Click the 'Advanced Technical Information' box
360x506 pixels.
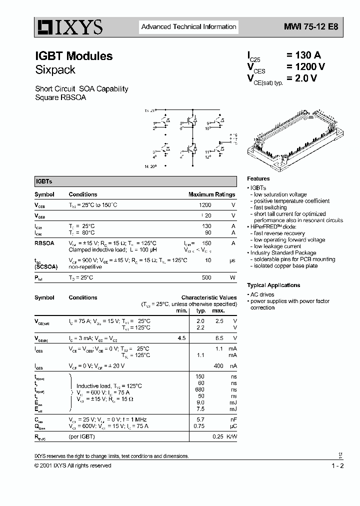[188, 27]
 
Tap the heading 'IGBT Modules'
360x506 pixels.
[73, 56]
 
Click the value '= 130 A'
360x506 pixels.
[304, 56]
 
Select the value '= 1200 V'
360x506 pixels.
[305, 67]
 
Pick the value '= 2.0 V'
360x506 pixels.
[301, 78]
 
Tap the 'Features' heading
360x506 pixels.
[258, 178]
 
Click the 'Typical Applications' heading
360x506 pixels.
[273, 285]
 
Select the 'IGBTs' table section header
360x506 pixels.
[44, 182]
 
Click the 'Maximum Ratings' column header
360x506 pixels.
[211, 194]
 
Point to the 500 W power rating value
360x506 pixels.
[206, 277]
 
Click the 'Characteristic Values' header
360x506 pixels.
[209, 297]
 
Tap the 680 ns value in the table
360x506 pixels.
[200, 389]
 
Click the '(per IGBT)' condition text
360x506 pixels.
[81, 436]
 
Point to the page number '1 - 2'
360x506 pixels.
[337, 465]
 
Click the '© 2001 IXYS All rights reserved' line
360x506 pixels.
[73, 465]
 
